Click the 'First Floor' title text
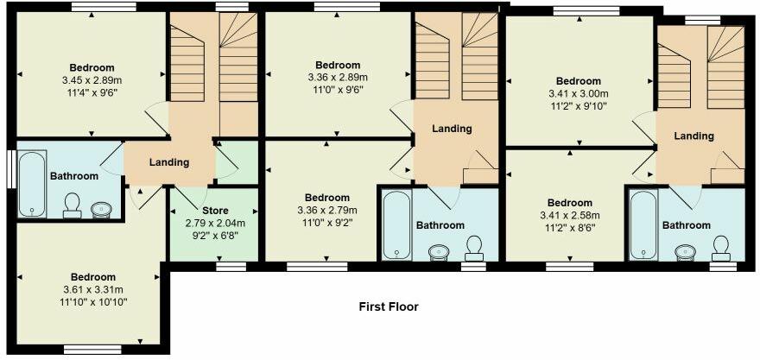point(389,306)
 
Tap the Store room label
point(214,211)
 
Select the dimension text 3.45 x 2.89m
point(92,80)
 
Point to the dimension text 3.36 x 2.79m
point(327,209)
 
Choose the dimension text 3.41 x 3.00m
point(579,94)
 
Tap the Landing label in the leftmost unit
point(169,162)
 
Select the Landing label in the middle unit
point(452,129)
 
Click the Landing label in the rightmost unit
point(694,136)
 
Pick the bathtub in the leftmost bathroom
point(33,184)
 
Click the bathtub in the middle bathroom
point(396,224)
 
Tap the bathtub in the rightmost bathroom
point(643,224)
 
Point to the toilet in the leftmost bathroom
point(73,204)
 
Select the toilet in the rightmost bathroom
point(720,248)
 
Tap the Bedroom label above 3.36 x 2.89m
point(338,66)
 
